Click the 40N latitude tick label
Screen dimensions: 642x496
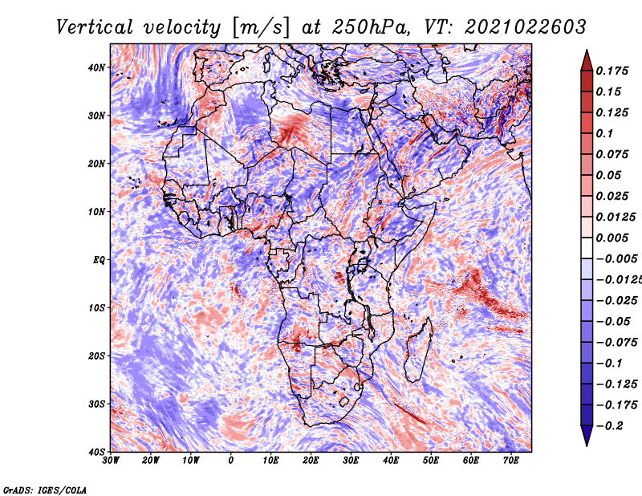click(95, 67)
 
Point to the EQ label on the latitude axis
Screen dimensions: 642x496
click(99, 260)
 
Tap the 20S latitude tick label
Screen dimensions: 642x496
click(95, 356)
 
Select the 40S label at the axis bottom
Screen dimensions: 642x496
click(95, 452)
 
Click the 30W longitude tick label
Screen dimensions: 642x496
click(111, 461)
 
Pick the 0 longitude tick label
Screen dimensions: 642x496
click(231, 461)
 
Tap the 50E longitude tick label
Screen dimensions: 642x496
click(431, 461)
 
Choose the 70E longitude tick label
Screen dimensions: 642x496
click(511, 461)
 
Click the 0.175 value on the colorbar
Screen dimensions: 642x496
click(612, 71)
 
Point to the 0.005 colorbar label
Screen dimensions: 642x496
click(612, 238)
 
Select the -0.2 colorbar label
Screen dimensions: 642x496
click(609, 426)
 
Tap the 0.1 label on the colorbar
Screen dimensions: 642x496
click(605, 133)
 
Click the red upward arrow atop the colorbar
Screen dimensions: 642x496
click(587, 61)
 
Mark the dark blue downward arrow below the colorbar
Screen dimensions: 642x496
click(587, 436)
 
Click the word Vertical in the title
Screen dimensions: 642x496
click(95, 27)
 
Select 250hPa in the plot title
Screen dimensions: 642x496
click(370, 27)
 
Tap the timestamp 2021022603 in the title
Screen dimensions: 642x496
click(526, 27)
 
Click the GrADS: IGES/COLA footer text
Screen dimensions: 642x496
click(45, 490)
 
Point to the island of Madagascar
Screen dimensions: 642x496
click(419, 349)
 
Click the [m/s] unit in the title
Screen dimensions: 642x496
click(261, 28)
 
